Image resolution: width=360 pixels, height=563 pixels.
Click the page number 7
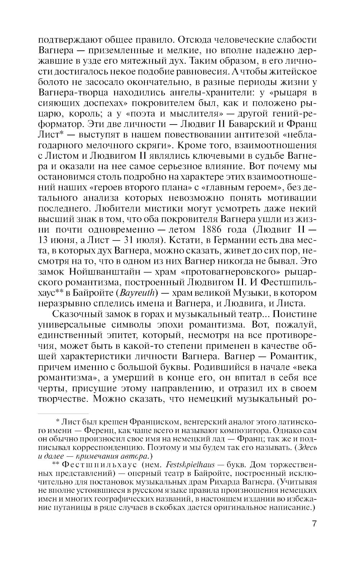(x=314, y=533)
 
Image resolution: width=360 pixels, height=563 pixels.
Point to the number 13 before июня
(x=44, y=240)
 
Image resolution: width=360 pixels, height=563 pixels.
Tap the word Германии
(x=225, y=240)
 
